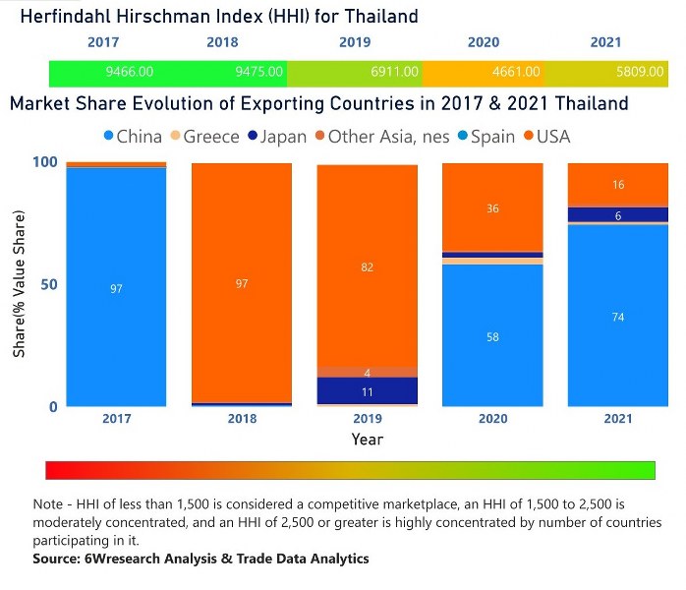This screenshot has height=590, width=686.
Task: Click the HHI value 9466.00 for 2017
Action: tap(130, 72)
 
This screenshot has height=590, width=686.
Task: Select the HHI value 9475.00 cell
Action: tap(259, 72)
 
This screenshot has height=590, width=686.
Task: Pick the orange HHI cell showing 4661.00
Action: tap(516, 72)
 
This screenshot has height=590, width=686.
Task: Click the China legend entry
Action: tap(131, 137)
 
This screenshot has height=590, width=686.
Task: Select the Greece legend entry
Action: tap(204, 137)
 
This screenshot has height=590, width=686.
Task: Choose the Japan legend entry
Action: tap(277, 137)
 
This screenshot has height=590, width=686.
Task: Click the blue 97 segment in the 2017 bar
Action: tap(116, 287)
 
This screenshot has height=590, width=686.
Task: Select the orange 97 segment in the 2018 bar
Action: tap(242, 282)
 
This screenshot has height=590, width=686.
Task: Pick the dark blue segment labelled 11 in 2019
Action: tap(368, 390)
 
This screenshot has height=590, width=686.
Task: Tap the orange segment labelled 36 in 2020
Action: tap(492, 207)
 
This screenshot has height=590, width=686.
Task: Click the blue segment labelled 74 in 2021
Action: tap(618, 316)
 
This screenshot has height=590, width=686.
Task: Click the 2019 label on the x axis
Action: tap(368, 419)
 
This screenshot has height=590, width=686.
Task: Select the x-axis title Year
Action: tap(368, 440)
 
